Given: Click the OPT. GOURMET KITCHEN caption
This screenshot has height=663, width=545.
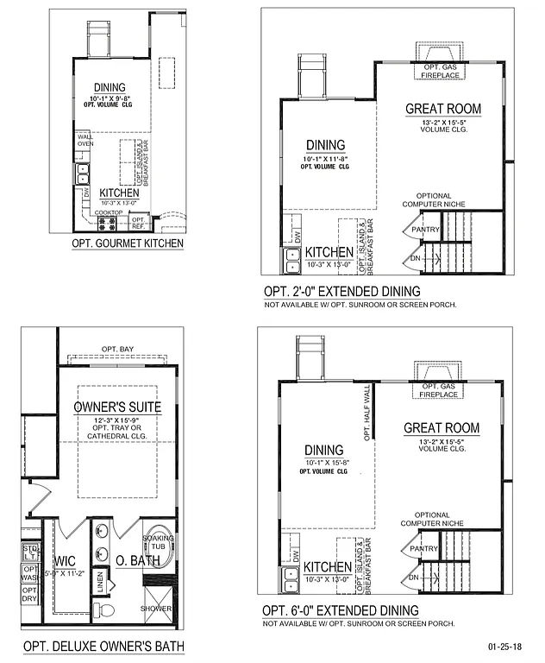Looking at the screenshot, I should pyautogui.click(x=128, y=243).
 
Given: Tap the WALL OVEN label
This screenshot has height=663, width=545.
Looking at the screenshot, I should pyautogui.click(x=85, y=140).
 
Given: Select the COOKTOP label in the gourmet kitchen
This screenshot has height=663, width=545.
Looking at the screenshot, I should pyautogui.click(x=108, y=212).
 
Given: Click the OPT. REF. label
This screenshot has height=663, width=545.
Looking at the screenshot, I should pyautogui.click(x=139, y=222).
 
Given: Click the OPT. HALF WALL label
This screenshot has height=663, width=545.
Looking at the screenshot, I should pyautogui.click(x=367, y=414).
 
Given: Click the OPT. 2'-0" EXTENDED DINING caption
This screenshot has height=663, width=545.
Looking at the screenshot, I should pyautogui.click(x=341, y=291).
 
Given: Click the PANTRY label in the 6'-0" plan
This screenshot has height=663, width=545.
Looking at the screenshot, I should pyautogui.click(x=423, y=548).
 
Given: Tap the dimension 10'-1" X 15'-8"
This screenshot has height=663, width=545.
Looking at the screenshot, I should pyautogui.click(x=324, y=463).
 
